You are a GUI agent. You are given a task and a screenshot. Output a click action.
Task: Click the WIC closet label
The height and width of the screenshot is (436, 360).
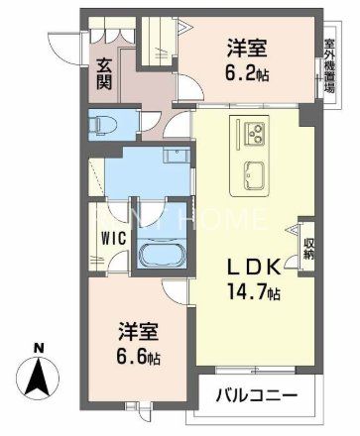point(110,238)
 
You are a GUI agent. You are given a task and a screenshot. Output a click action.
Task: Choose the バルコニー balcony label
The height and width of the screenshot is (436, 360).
point(256,396)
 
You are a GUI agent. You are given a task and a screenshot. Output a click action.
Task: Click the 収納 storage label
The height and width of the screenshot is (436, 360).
point(307,244)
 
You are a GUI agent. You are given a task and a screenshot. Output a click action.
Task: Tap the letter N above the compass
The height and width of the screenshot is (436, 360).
point(38,347)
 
